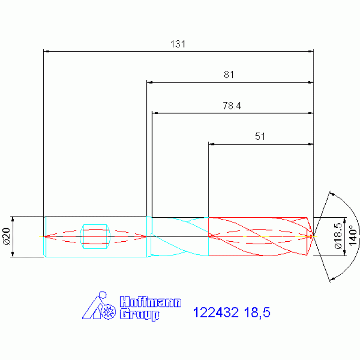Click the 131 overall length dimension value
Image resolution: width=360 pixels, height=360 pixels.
[178, 44]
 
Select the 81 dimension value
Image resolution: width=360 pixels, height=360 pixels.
[229, 75]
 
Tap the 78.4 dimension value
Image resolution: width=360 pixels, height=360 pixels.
[232, 106]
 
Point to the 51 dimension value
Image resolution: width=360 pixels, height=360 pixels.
[260, 137]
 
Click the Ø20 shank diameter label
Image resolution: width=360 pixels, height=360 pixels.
[7, 236]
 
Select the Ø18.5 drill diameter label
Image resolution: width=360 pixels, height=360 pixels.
[338, 236]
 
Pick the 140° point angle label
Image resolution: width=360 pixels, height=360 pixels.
[353, 236]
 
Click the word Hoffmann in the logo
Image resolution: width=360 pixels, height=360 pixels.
[151, 302]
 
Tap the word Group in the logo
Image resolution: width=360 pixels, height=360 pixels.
[139, 314]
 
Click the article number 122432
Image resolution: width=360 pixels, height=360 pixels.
[216, 313]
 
